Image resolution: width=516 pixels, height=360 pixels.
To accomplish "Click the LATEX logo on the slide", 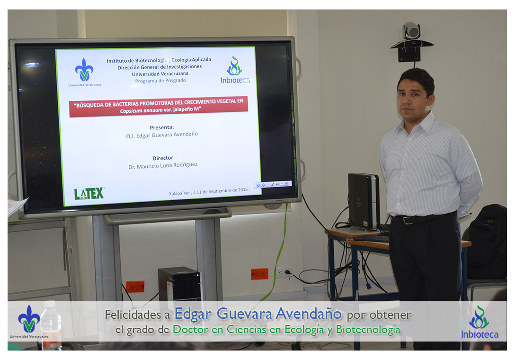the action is [89, 194].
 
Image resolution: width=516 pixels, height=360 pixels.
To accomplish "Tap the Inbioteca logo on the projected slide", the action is [235, 70].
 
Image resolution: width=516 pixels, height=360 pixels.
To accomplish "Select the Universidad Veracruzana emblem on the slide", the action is [85, 72].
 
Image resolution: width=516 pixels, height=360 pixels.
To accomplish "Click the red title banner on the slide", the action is [158, 106].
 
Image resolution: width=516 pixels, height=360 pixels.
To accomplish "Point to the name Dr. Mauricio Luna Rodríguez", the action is [163, 165].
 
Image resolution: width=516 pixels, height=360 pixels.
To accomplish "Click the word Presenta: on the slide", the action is [162, 127].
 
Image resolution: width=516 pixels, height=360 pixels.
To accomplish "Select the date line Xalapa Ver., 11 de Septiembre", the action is [208, 191].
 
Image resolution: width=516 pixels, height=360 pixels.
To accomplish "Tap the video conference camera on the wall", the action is [411, 42].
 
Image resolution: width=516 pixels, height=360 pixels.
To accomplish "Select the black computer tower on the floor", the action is [179, 284].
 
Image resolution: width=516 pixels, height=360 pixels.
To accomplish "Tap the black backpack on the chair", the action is [487, 242].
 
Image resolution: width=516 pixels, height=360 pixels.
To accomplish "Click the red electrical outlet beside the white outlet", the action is [259, 274].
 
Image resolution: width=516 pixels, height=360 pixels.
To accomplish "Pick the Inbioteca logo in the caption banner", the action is [480, 322].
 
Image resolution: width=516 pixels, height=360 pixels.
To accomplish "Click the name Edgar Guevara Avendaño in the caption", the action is [258, 314].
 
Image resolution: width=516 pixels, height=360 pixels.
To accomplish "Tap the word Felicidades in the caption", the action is [133, 315].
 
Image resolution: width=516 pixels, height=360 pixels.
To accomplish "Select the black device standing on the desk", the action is [364, 201].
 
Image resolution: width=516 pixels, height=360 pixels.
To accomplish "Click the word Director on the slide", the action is [162, 158].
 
